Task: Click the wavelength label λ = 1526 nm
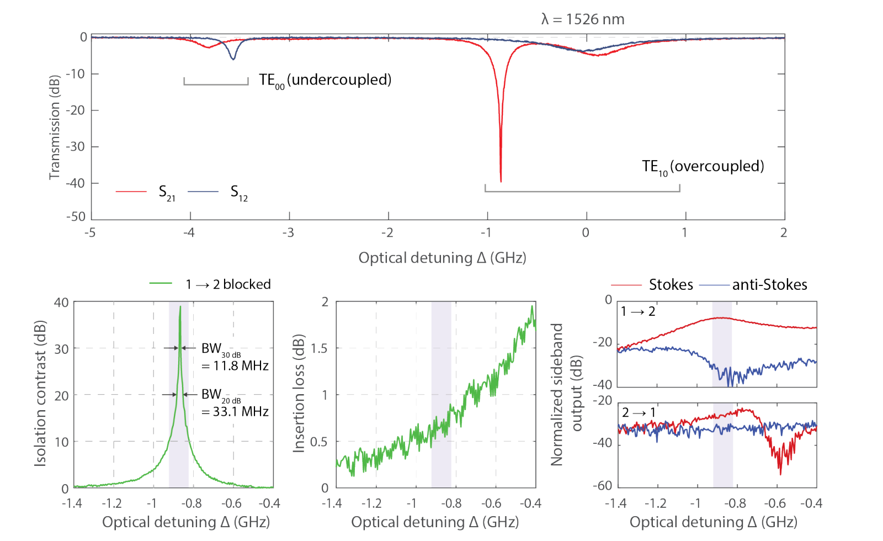(583, 19)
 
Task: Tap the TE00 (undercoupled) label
(325, 80)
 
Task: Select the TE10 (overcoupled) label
(703, 167)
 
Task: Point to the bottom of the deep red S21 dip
(501, 181)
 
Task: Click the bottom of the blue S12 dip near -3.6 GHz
(233, 59)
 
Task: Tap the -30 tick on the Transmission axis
(75, 147)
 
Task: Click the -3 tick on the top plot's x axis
(288, 232)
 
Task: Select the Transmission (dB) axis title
(54, 127)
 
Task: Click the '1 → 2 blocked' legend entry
(228, 284)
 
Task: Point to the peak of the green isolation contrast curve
(180, 307)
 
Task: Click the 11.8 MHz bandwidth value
(241, 365)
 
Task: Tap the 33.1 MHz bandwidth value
(241, 411)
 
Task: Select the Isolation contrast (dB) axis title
(40, 393)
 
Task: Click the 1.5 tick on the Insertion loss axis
(319, 348)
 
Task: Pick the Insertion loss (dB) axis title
(299, 393)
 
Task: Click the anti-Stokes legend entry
(769, 285)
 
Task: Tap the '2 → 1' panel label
(639, 412)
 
